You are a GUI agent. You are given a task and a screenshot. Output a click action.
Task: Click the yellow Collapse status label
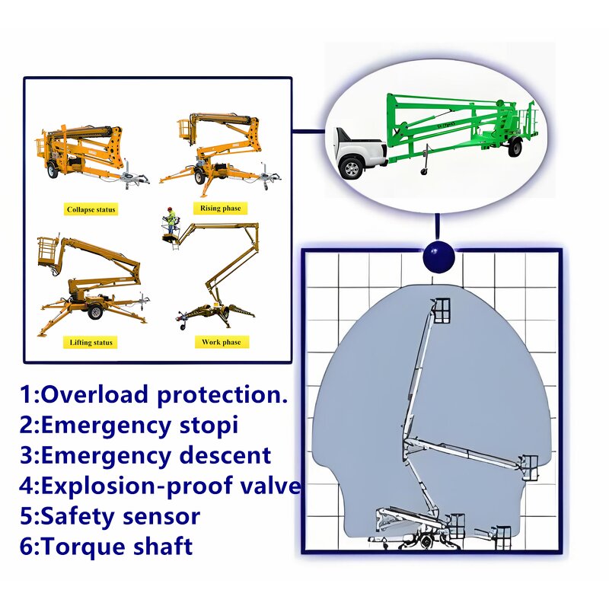92,209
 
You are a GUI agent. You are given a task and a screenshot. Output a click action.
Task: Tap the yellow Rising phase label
221,209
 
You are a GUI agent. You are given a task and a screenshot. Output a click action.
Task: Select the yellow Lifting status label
91,343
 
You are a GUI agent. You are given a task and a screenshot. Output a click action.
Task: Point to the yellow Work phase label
222,343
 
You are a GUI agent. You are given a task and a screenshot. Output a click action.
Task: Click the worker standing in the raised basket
171,221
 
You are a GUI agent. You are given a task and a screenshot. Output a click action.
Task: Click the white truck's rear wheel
351,167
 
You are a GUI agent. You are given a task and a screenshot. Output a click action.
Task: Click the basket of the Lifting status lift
49,250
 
